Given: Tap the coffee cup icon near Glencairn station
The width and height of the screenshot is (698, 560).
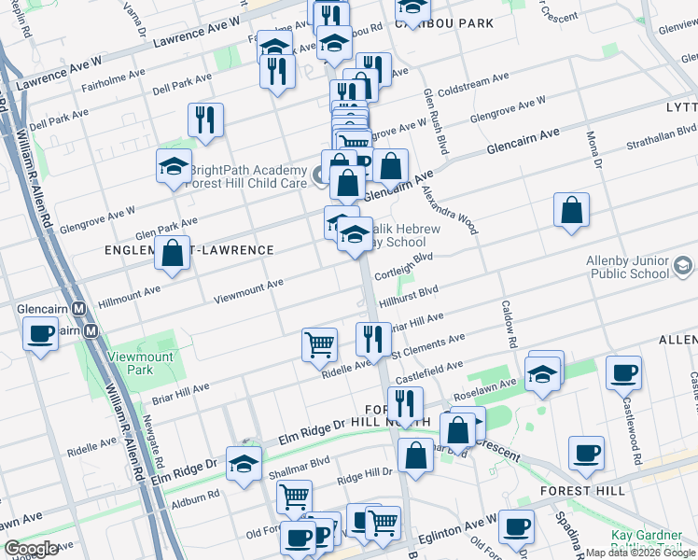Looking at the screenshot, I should coord(41,334).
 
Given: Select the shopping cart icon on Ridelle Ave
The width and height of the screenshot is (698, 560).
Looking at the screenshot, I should coord(319,344).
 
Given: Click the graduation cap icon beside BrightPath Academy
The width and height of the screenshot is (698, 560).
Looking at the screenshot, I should coord(174,166).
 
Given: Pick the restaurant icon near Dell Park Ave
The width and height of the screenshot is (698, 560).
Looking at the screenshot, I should coord(205,119).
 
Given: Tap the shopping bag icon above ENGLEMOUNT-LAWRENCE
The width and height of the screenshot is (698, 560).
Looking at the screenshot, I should coord(172,253).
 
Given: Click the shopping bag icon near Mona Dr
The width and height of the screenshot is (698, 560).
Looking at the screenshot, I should coord(571,210).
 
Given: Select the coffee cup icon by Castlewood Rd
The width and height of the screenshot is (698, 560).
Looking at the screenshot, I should coord(623,372).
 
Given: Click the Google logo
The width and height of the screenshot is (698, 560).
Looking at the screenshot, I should coord(32,549).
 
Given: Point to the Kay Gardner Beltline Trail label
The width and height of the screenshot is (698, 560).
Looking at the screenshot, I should coord(653,541).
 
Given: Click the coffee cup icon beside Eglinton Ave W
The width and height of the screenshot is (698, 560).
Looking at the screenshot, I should coord(515,527).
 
